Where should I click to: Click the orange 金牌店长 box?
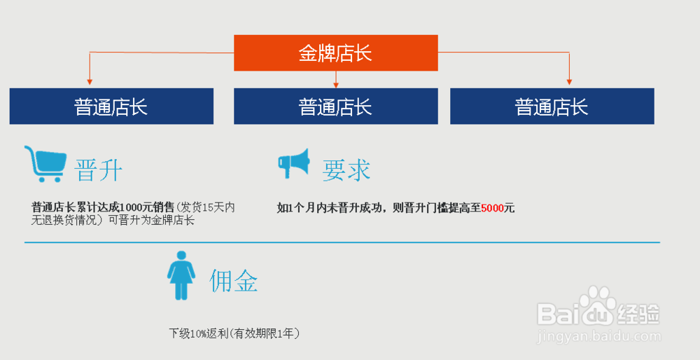click(336, 53)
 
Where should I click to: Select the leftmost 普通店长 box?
click(111, 106)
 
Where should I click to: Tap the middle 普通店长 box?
click(336, 106)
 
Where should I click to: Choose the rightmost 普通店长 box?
click(552, 106)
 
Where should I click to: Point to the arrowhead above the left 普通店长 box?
click(90, 82)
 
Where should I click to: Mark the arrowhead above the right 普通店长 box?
click(569, 82)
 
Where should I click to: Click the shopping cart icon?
click(45, 164)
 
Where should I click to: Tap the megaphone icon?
click(293, 163)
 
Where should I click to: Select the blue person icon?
click(181, 275)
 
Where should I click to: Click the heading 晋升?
click(98, 170)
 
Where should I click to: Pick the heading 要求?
click(346, 170)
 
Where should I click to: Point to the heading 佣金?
click(234, 281)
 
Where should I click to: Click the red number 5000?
click(492, 208)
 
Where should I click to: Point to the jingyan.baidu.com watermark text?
click(598, 336)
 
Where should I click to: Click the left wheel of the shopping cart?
click(42, 179)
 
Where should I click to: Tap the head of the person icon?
click(181, 255)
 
